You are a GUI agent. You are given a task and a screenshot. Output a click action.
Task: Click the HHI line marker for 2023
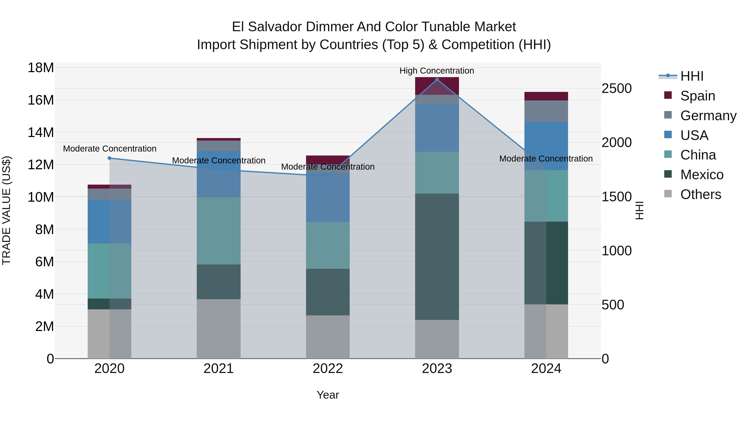(437, 80)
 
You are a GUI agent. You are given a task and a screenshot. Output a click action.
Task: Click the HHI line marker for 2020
(109, 158)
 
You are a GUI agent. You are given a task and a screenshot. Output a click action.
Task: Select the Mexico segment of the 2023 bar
(437, 257)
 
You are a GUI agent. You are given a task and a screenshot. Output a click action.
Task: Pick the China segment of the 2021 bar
(219, 231)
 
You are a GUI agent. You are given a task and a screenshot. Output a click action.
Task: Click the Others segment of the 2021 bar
(219, 329)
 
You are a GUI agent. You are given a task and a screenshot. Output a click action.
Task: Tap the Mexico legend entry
(701, 175)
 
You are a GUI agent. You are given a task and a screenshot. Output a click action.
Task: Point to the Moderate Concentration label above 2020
(109, 148)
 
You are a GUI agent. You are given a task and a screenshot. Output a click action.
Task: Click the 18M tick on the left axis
(41, 68)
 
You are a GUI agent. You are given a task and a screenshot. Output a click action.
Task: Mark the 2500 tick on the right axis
(616, 88)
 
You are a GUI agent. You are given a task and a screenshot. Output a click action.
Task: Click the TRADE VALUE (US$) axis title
(6, 210)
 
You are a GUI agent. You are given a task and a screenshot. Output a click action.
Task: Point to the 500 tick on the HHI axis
(613, 305)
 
